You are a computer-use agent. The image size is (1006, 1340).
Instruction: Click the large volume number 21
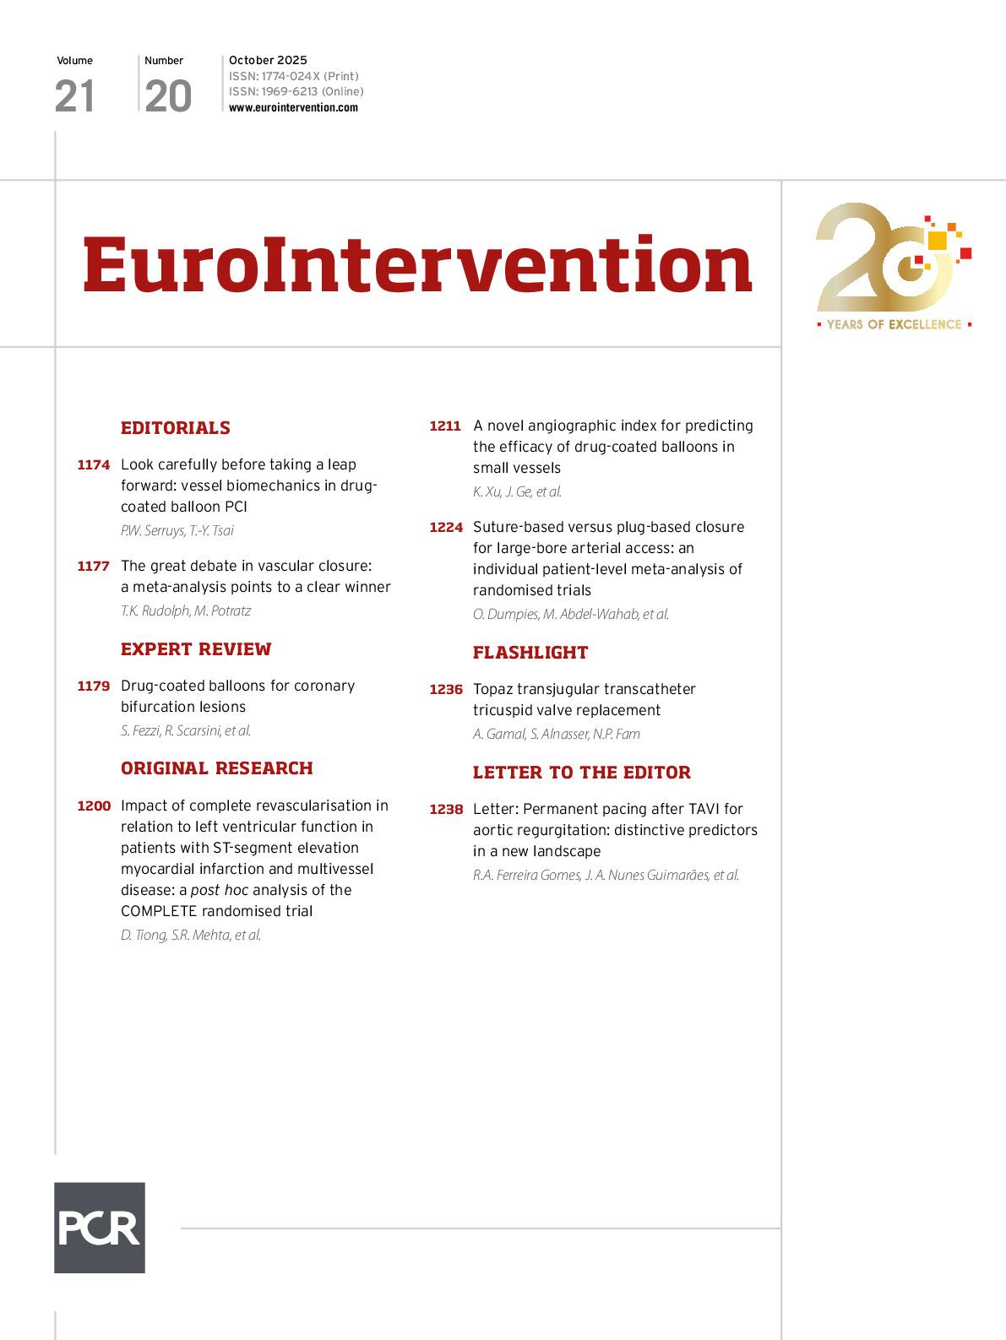pos(74,96)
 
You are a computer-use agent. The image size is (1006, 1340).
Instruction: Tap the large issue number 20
pos(168,96)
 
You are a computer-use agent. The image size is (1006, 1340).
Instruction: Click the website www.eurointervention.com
pos(293,107)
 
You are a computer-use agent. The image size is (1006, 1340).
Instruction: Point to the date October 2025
pos(268,60)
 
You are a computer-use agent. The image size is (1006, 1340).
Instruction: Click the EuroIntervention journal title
pos(417,264)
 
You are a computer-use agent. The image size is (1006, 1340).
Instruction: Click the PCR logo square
pos(100,1227)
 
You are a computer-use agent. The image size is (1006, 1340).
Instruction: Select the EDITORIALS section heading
pos(176,428)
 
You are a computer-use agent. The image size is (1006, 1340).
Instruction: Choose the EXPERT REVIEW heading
pos(196,649)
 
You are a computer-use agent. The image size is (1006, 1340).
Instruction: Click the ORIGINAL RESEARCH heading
pos(217,768)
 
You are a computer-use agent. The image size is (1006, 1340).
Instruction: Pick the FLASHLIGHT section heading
pos(530,653)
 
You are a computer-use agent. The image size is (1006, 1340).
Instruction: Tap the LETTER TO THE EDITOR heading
pos(582,773)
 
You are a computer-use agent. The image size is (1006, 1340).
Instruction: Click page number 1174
pos(94,465)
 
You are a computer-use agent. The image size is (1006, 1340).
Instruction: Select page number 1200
pos(94,806)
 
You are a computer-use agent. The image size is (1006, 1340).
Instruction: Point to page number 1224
pos(446,528)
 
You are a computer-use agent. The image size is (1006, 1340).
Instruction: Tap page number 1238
pos(446,810)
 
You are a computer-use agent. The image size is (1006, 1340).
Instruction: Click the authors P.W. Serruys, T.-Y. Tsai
pos(177,530)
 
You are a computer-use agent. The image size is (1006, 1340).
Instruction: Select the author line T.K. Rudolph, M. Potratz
pos(186,610)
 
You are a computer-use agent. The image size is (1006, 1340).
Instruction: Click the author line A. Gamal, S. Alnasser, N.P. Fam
pos(557,734)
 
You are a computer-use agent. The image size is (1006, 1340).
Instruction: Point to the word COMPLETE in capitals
pos(159,911)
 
